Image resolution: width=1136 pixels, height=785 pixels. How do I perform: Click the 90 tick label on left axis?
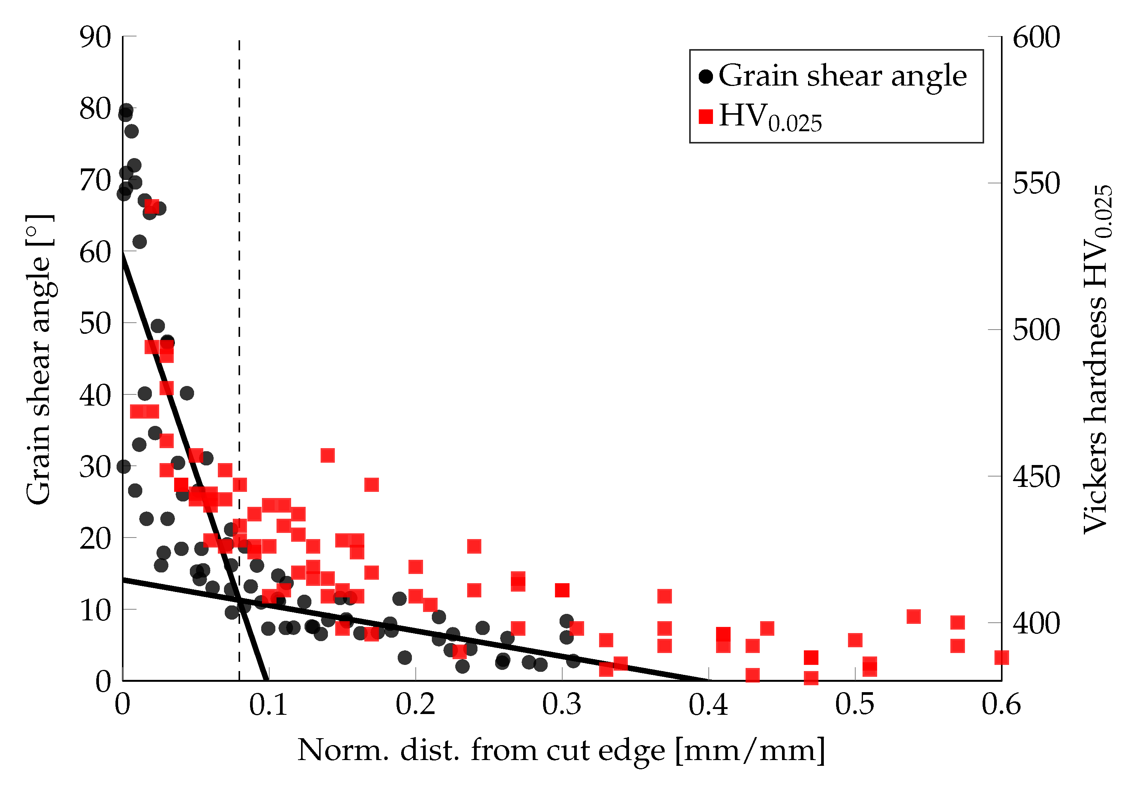tap(95, 37)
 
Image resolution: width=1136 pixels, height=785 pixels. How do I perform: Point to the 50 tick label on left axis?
tap(95, 324)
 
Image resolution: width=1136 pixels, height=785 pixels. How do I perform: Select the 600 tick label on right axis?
tap(1036, 37)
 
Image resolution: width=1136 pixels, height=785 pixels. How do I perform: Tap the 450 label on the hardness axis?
tap(1036, 477)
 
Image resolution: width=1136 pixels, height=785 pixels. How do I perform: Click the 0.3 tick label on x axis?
tap(562, 704)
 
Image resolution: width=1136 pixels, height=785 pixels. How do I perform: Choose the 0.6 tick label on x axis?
tap(1001, 704)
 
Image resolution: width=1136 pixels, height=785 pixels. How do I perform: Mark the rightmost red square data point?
tap(1001, 658)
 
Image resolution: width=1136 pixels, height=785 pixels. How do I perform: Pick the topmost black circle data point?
tap(126, 110)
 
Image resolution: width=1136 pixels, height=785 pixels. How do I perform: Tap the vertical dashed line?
tap(239, 295)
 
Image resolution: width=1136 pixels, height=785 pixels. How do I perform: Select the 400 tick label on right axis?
tap(1036, 623)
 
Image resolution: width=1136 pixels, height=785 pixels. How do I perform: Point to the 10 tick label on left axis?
tap(95, 610)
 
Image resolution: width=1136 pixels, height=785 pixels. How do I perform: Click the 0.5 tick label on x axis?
tap(855, 704)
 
